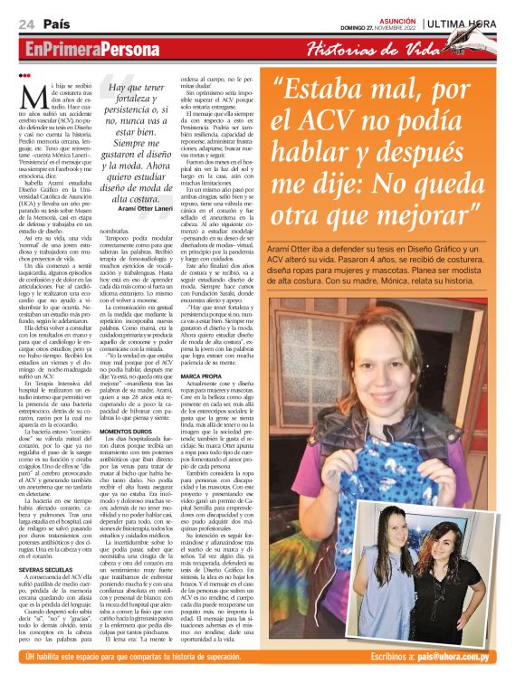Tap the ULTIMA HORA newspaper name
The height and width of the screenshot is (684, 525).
tap(472, 22)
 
